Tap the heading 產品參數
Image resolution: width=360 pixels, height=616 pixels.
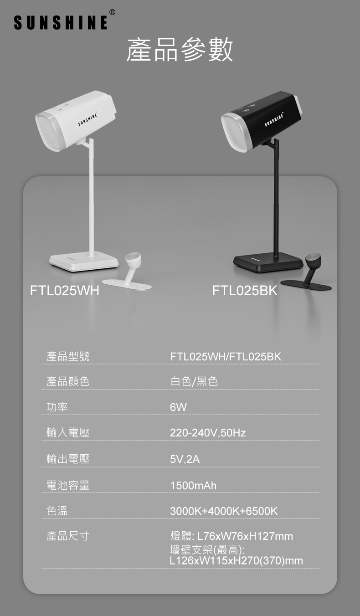[180, 50]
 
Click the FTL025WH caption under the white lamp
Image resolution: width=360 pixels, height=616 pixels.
[65, 291]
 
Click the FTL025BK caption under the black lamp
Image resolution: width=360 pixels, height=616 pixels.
[245, 291]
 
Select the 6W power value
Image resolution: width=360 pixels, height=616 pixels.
[178, 407]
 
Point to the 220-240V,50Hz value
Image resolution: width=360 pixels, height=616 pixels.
[208, 433]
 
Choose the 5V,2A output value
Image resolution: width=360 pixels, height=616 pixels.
[185, 459]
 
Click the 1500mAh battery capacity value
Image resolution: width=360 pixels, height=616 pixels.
[193, 485]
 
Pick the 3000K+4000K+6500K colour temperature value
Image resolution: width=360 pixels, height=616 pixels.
[224, 511]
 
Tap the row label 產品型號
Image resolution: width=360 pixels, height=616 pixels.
[68, 356]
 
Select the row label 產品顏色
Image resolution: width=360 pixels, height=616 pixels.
[68, 381]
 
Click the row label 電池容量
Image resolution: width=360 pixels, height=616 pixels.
[68, 485]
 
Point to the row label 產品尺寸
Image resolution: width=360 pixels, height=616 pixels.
[68, 536]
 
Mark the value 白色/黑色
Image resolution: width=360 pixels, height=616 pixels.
[194, 381]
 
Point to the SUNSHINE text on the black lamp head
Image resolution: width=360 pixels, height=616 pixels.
[274, 120]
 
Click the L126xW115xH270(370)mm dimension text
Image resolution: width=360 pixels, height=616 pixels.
[236, 560]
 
